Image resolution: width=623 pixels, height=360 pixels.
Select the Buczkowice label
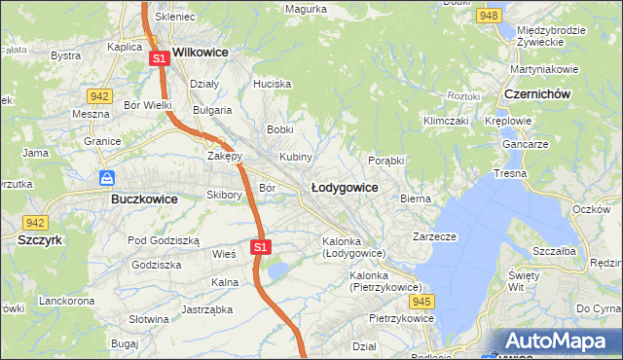137,198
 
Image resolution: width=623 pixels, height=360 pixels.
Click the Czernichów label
537,93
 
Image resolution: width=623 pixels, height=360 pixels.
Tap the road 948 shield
490,16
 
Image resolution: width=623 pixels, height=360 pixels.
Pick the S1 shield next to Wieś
259,248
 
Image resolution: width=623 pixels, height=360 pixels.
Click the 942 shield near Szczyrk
36,222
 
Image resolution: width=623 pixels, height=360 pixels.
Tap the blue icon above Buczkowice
108,178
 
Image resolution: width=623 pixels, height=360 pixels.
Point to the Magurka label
306,9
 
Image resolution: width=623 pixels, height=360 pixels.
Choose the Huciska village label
272,84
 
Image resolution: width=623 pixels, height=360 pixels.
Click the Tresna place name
510,173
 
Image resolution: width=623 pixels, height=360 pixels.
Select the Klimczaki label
445,121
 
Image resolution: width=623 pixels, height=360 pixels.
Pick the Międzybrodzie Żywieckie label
551,36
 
